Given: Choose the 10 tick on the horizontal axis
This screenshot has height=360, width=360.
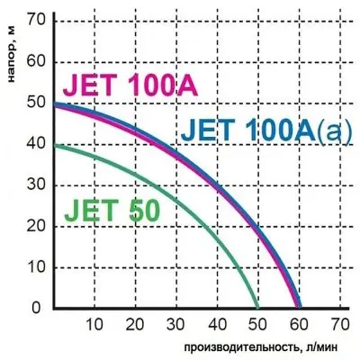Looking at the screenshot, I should (x=94, y=324).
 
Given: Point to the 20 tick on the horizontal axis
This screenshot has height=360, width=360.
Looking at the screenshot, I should (x=135, y=324).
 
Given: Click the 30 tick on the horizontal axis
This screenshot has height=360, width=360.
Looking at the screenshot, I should (x=176, y=324).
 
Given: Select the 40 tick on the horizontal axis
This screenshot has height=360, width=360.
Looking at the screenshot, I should (x=218, y=324).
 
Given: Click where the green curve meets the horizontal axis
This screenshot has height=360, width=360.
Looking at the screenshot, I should (x=258, y=308).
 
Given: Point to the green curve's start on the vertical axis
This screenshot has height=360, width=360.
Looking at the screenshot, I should (x=54, y=144).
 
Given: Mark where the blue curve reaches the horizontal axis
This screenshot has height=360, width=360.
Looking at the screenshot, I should (x=301, y=308).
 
